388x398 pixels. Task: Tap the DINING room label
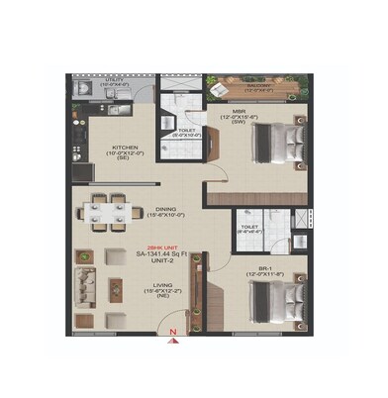click(164, 206)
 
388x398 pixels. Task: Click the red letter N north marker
click(174, 335)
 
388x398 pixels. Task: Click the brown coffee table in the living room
click(116, 287)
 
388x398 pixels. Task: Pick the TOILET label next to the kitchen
click(187, 129)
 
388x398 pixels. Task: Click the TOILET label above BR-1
click(248, 227)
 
